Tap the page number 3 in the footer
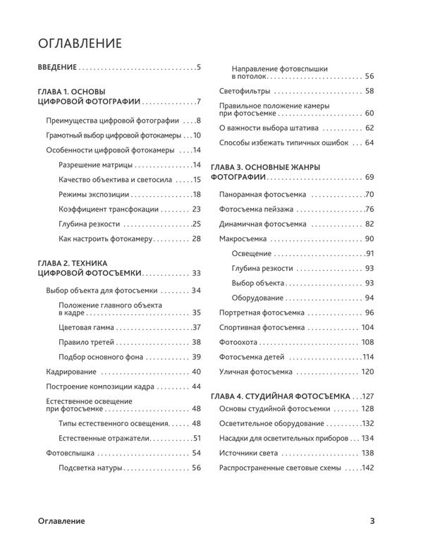[x=372, y=521]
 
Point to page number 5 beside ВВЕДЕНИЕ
[x=200, y=68]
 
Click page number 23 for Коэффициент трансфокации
[x=197, y=209]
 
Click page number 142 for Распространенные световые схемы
[x=367, y=468]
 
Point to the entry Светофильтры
[x=244, y=91]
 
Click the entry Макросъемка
[x=244, y=238]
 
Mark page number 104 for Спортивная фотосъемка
[x=367, y=327]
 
